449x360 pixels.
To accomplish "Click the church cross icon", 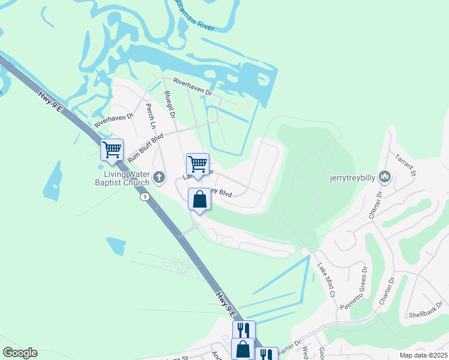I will pyautogui.click(x=159, y=176).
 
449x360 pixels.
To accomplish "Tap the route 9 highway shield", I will pyautogui.click(x=145, y=196).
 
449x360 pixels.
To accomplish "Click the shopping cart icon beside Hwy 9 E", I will pyautogui.click(x=112, y=149).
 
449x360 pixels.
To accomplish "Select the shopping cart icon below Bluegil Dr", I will pyautogui.click(x=197, y=163).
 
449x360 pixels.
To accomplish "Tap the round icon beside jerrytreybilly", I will pyautogui.click(x=385, y=177).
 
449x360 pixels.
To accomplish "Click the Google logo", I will pyautogui.click(x=20, y=353).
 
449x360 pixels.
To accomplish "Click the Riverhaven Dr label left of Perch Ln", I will pyautogui.click(x=113, y=119).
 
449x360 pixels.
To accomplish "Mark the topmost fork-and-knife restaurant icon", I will pyautogui.click(x=243, y=330).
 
